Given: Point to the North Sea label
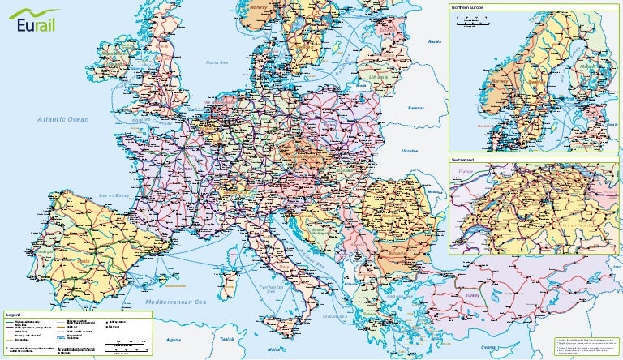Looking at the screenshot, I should pyautogui.click(x=217, y=62).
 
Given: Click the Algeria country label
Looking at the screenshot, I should pyautogui.click(x=174, y=341).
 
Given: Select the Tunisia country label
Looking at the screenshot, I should pyautogui.click(x=227, y=339).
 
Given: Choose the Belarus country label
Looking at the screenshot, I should pyautogui.click(x=416, y=107).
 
